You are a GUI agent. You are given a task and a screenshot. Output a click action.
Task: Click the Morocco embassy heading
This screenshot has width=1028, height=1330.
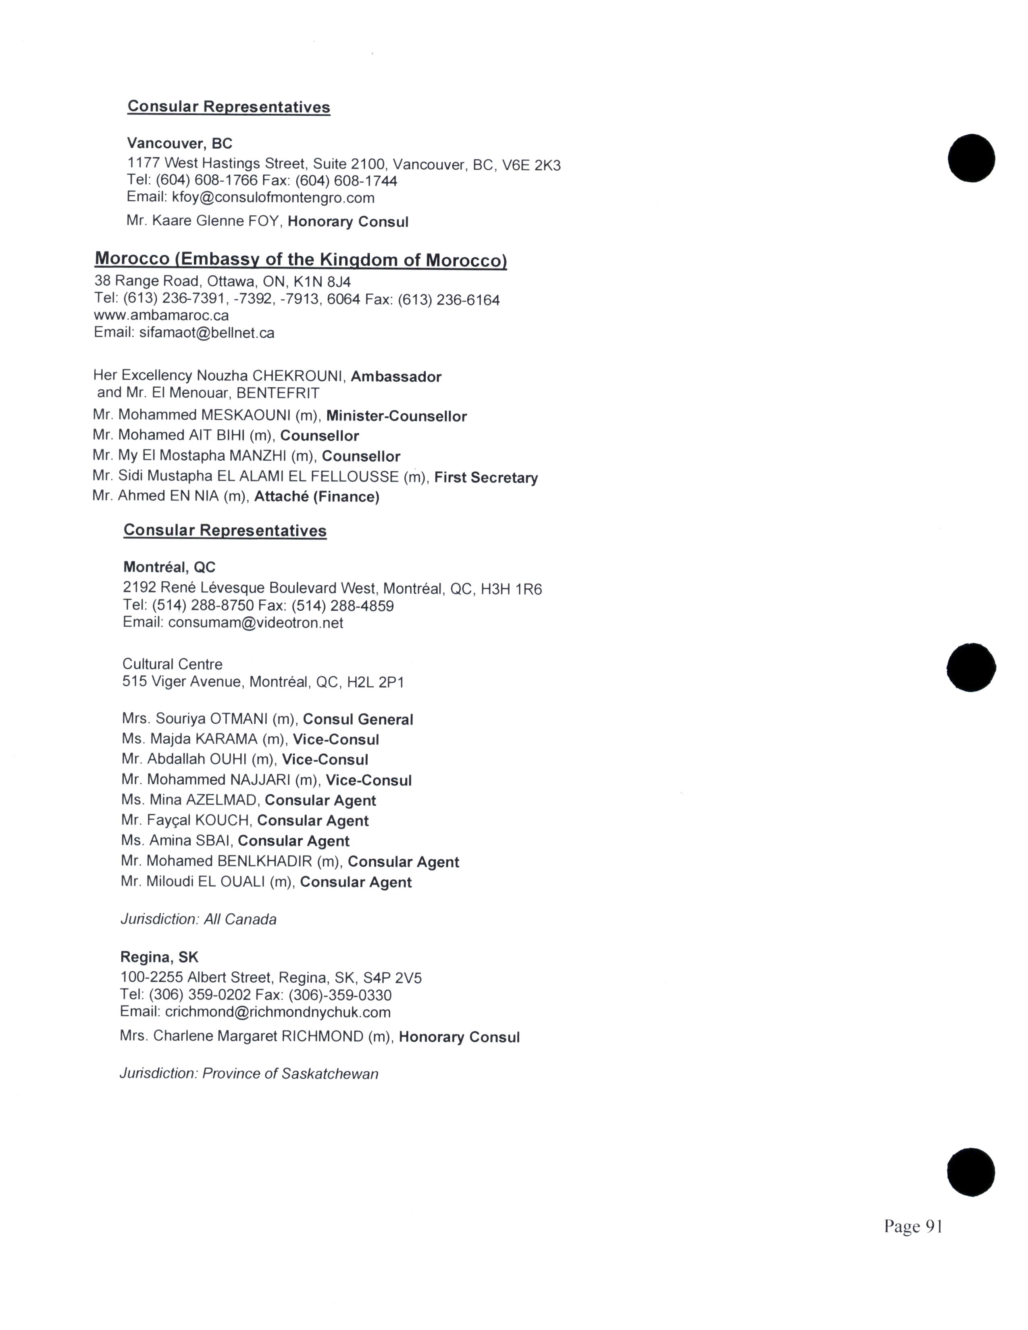click(300, 260)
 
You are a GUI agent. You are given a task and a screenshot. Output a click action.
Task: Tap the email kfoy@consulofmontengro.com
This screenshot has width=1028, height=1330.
click(273, 198)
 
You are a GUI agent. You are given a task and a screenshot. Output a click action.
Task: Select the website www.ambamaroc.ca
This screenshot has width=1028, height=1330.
click(161, 316)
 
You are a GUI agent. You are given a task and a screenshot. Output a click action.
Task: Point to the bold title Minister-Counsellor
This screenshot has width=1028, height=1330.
click(396, 417)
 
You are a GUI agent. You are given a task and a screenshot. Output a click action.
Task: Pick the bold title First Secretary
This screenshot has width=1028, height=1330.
click(486, 478)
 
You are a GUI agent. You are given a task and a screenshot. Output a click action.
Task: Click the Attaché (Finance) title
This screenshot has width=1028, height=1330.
click(317, 497)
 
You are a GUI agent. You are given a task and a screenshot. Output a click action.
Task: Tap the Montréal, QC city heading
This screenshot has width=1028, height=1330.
click(169, 567)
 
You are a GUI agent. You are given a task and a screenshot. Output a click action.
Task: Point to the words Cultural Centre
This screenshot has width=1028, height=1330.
click(173, 664)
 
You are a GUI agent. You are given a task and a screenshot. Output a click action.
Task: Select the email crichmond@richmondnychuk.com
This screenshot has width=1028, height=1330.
click(278, 1012)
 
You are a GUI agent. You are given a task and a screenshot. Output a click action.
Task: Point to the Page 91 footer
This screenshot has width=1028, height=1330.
click(913, 1226)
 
